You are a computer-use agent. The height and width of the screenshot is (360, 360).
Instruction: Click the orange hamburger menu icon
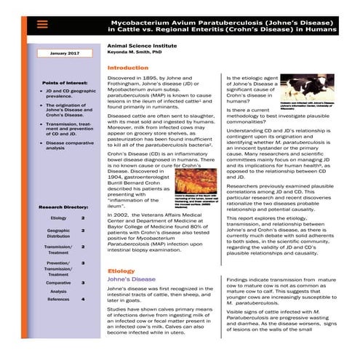42,23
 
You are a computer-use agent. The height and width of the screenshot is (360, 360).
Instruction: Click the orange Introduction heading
127,68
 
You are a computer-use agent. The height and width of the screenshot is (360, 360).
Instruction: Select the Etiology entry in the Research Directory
58,217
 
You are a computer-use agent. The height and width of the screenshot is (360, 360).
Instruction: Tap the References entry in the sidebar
58,299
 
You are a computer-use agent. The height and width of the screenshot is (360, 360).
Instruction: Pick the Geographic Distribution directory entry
58,233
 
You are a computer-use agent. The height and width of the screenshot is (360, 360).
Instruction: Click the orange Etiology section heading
121,271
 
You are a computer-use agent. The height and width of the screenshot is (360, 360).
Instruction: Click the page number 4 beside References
83,299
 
